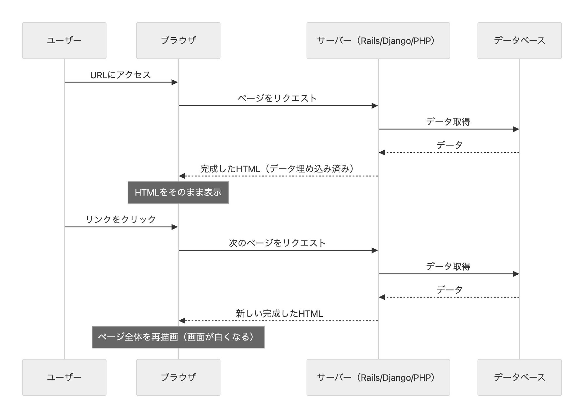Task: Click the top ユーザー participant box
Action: (64, 41)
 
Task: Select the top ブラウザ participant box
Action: (178, 41)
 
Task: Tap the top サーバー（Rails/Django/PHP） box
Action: (378, 41)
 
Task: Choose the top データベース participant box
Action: (519, 41)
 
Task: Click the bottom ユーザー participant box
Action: (64, 377)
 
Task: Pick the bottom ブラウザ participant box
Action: (178, 377)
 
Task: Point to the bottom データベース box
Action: (519, 377)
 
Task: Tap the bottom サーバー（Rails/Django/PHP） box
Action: (378, 377)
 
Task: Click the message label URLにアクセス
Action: (121, 75)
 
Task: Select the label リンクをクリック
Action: (121, 219)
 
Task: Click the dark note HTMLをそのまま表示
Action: (178, 192)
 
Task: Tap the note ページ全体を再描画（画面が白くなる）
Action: (178, 337)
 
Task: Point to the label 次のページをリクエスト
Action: (277, 243)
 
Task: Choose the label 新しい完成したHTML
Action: (279, 313)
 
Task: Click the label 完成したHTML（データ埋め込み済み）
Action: (277, 169)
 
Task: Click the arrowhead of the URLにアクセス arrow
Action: (175, 82)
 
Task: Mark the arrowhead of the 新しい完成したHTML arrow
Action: (182, 321)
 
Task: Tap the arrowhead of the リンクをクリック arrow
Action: (175, 227)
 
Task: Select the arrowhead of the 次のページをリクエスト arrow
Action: (375, 250)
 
